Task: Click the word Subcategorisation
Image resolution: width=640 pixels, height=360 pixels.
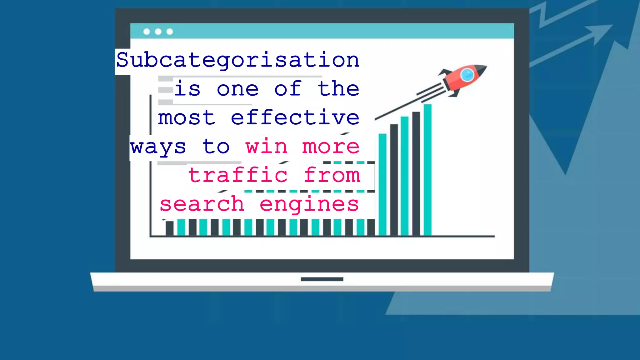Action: click(238, 60)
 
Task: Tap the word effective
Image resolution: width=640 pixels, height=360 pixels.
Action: click(295, 117)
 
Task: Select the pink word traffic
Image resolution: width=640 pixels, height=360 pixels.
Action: click(238, 175)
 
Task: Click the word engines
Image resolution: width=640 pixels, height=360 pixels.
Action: click(309, 204)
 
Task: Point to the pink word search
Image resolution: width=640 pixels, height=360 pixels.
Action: click(202, 204)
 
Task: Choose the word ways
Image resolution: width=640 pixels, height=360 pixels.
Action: click(158, 147)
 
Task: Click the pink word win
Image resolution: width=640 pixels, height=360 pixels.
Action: click(266, 146)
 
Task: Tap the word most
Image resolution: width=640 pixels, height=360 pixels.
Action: click(187, 118)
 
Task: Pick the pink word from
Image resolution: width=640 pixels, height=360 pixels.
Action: click(332, 175)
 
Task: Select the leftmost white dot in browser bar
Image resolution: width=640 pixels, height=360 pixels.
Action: click(147, 32)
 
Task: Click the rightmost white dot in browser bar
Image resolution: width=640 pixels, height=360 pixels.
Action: click(170, 32)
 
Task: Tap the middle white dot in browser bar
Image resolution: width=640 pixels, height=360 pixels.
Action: click(158, 32)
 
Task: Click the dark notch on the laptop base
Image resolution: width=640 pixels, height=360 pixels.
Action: click(322, 279)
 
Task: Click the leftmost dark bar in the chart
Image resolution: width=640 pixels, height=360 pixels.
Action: click(169, 228)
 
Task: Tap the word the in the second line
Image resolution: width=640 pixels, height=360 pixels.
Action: click(338, 89)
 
